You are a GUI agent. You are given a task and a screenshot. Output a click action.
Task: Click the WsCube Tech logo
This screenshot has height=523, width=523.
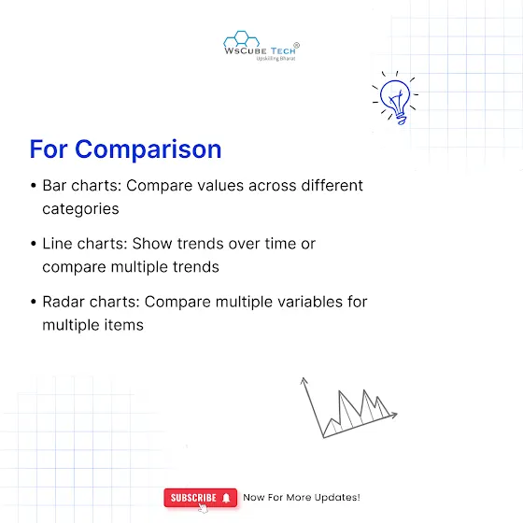pos(261,46)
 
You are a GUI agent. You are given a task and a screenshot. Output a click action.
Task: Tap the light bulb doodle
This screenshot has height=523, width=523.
pos(395,98)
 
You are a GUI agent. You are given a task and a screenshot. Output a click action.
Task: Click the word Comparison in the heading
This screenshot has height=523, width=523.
pos(148,149)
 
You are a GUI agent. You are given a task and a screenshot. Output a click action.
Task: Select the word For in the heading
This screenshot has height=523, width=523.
pos(49,149)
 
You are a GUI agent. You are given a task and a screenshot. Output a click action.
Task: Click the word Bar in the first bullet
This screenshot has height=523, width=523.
pos(54,186)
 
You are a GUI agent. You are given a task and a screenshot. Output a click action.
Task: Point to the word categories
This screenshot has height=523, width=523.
pos(80,209)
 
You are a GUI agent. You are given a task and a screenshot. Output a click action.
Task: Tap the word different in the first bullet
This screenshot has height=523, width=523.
pos(332,186)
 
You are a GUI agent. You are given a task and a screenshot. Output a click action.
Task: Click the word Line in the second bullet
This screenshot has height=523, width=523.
pos(57,244)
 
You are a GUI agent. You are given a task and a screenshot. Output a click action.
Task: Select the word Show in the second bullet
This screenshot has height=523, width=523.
pos(152,244)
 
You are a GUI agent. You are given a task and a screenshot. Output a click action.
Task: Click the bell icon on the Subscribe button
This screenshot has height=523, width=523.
pos(226,498)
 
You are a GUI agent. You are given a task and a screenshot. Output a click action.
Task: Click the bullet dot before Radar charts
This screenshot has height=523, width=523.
pos(33,302)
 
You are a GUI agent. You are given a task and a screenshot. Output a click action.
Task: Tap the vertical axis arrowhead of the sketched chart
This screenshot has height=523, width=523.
pos(304,381)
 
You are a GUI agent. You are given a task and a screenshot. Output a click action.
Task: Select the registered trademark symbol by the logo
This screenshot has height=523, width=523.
pos(296,45)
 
